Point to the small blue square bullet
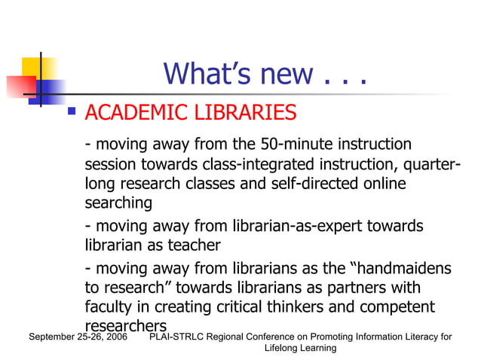click(x=72, y=111)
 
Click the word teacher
click(x=195, y=246)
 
